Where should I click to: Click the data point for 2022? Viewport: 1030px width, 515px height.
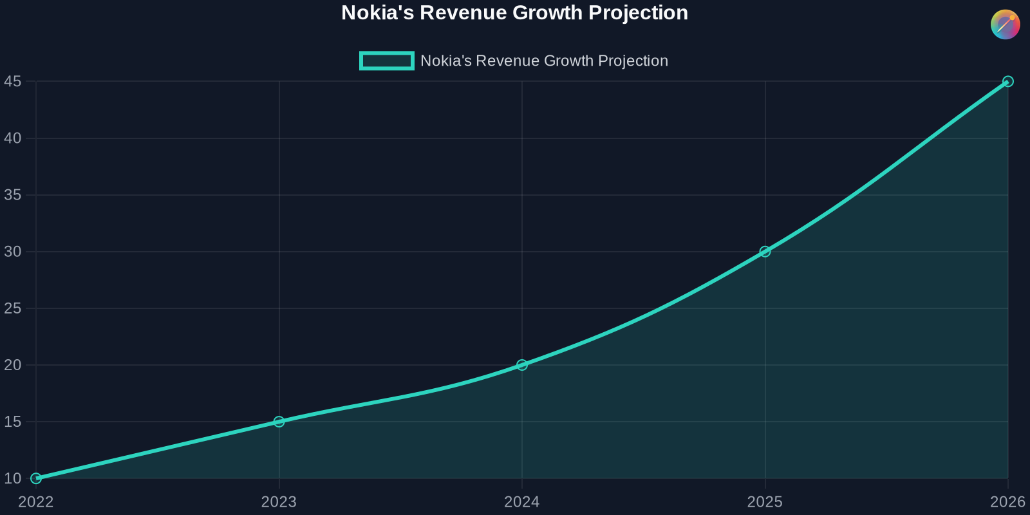[x=36, y=478]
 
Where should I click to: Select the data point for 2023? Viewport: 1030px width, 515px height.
[x=279, y=422]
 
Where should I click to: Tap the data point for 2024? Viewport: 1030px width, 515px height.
[x=522, y=365]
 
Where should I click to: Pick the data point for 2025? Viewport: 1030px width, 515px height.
[x=765, y=252]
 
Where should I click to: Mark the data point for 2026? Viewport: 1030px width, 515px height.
[x=1008, y=82]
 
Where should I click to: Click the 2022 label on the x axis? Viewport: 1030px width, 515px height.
[x=36, y=502]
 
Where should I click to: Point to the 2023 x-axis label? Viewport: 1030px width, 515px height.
[x=279, y=502]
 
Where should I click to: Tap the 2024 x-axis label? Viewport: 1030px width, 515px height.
[x=522, y=502]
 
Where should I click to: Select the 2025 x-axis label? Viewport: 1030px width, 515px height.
[x=765, y=502]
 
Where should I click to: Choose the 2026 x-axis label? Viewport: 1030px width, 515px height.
[x=1007, y=502]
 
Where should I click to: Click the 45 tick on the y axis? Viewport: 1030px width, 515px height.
[x=13, y=82]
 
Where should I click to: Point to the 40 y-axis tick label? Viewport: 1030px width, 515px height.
[x=13, y=138]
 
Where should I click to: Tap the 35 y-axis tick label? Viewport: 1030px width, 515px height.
[x=13, y=195]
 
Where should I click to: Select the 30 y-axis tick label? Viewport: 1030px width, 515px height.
[x=13, y=252]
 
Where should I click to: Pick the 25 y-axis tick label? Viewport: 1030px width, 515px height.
[x=13, y=308]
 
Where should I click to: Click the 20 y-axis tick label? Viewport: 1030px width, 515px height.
[x=13, y=365]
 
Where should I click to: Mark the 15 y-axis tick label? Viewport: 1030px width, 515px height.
[x=13, y=422]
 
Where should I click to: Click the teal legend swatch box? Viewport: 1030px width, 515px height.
[x=386, y=61]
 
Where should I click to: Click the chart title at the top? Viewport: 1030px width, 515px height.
[x=514, y=13]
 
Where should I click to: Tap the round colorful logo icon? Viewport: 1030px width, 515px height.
[x=1005, y=24]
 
